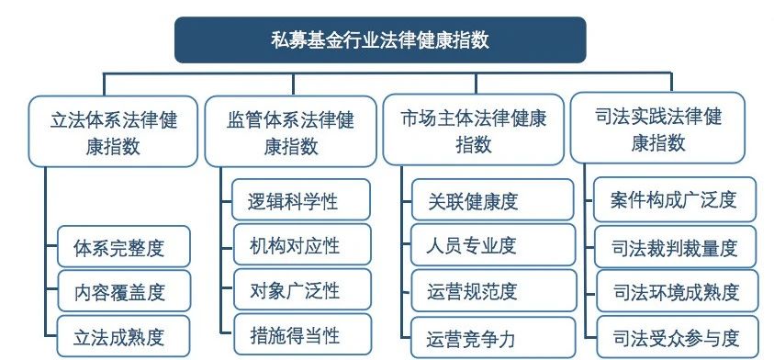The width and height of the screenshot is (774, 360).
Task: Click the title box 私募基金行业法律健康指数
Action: [x=379, y=39]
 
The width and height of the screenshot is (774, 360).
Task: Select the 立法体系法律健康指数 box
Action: [x=113, y=130]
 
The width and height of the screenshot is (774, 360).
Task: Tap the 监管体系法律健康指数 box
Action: [x=290, y=130]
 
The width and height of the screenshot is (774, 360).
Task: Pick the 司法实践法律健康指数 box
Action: [x=657, y=129]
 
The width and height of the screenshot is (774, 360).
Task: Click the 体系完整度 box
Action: [x=123, y=248]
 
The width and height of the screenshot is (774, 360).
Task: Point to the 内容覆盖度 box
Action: [x=123, y=292]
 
